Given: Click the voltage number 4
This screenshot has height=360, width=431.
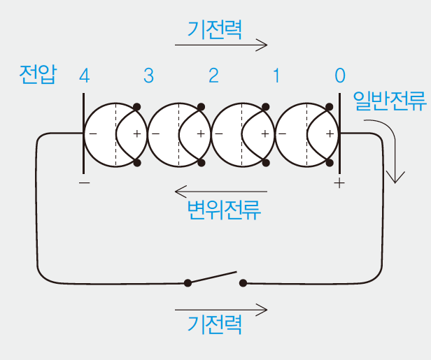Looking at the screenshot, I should pos(85,75).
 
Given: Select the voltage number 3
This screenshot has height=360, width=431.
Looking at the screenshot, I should pos(148,75).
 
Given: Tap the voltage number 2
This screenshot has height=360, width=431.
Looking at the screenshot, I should pos(213,75).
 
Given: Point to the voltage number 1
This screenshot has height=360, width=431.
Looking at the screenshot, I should pos(276,75).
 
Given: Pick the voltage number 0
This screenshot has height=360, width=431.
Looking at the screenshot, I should pos(340,75).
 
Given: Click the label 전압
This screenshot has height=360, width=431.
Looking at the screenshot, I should pos(39,75).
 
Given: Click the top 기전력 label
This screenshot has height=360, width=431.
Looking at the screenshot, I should pos(215,29).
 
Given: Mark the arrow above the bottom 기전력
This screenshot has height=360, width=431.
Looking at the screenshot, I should pos(221,308).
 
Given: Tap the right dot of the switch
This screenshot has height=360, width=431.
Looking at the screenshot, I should pos(243,283).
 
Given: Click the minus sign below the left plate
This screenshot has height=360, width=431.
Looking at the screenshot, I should pos(84,183).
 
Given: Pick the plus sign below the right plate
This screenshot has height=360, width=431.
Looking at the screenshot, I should pos(340,183).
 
